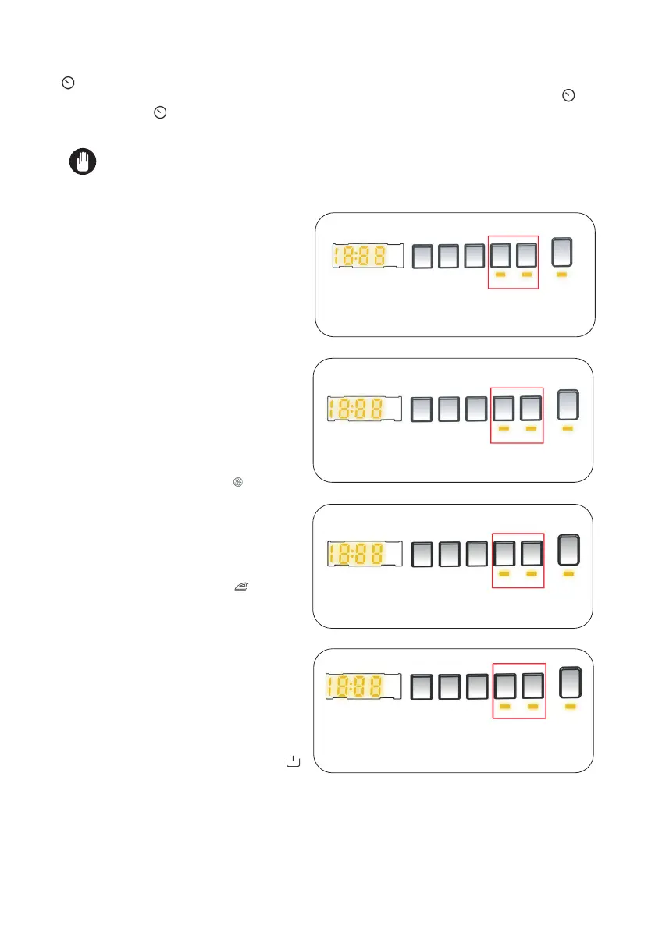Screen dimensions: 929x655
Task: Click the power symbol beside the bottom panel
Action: [294, 760]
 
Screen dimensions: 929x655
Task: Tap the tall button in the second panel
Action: [568, 406]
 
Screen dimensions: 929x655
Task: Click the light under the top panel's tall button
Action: [562, 275]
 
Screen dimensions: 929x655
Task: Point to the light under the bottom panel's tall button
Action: [571, 706]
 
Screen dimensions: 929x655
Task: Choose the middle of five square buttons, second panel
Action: [477, 409]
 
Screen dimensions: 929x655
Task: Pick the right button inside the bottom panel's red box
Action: [532, 686]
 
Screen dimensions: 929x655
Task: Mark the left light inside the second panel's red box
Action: [504, 429]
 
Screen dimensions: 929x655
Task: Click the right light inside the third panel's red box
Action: [532, 573]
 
